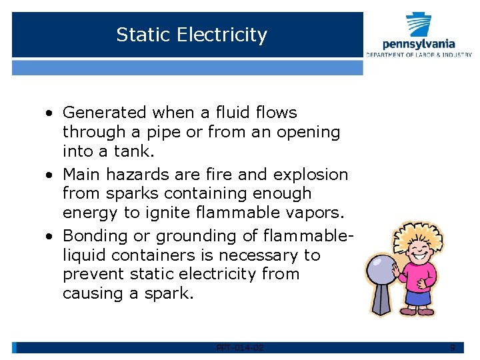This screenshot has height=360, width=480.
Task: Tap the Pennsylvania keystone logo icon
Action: pos(419,25)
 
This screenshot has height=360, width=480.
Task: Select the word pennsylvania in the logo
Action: pos(419,44)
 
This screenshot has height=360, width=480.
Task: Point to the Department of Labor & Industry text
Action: pos(419,54)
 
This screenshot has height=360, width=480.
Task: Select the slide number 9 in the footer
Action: pos(453,347)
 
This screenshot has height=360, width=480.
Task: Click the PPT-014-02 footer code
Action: pos(240,347)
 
